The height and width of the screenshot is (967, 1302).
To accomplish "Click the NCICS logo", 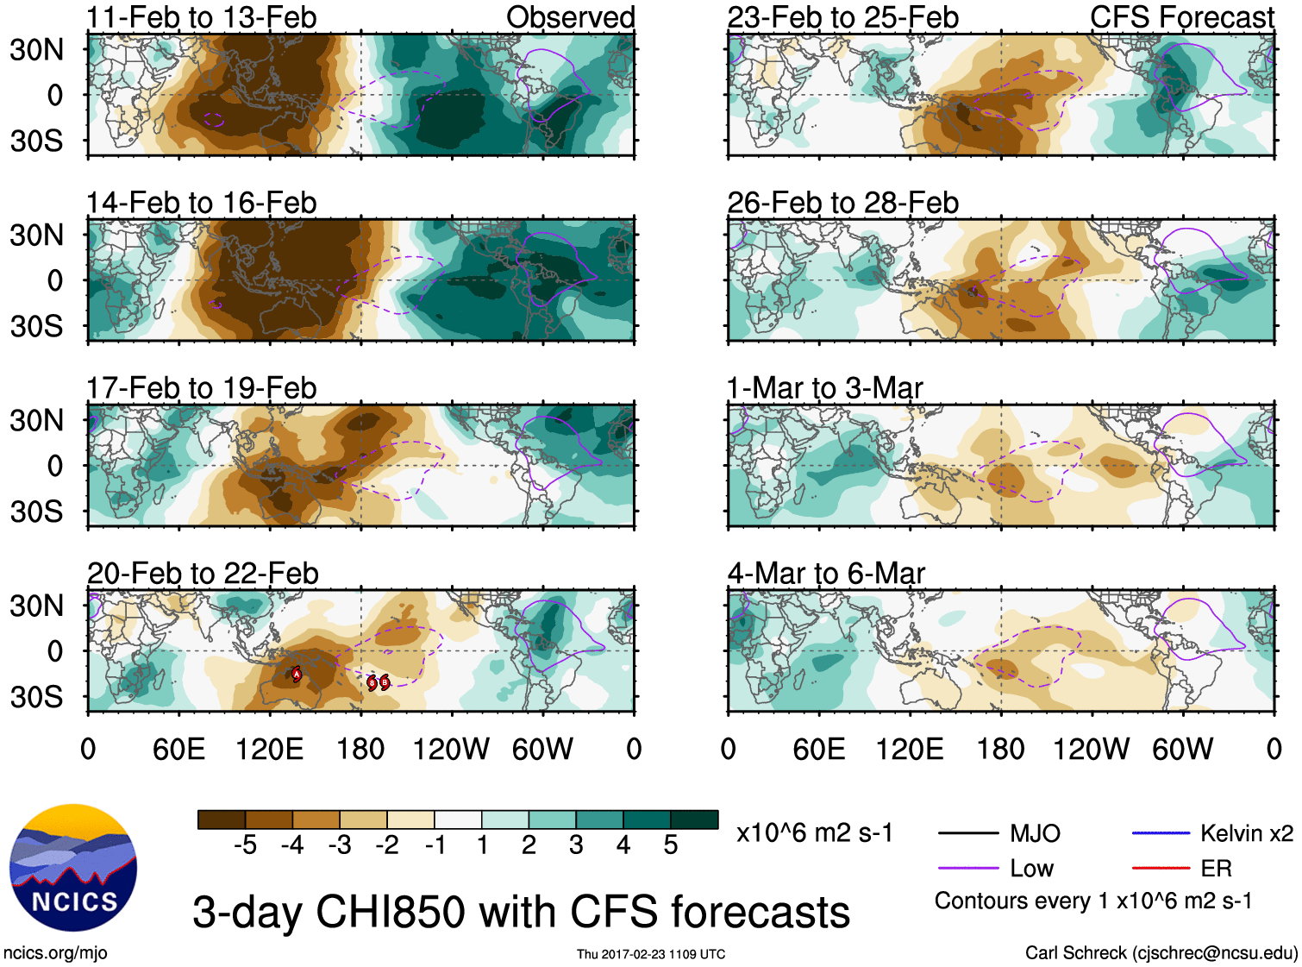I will click(x=73, y=867).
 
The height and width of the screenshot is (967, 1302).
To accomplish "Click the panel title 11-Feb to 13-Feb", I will click(x=201, y=17).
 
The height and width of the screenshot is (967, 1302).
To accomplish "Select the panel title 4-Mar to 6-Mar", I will click(x=826, y=574).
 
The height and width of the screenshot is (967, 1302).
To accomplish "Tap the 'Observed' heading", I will click(x=570, y=17).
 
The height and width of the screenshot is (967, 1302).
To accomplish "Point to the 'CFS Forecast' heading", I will click(x=1181, y=17).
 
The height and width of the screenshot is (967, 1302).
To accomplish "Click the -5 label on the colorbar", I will click(x=245, y=845).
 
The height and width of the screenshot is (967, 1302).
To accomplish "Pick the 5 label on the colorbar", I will click(x=670, y=845).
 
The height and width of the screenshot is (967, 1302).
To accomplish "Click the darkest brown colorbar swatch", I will click(x=222, y=819).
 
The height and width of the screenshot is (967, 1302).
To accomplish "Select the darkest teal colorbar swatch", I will click(x=694, y=819).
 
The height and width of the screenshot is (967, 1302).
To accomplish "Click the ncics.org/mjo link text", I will click(x=55, y=953).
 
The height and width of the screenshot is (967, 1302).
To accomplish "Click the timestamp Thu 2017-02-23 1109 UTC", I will click(x=651, y=954).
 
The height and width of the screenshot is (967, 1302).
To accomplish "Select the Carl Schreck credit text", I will click(x=1161, y=953).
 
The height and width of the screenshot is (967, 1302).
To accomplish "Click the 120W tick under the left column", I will click(x=451, y=749).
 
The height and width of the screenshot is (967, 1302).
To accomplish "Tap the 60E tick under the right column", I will click(x=818, y=749).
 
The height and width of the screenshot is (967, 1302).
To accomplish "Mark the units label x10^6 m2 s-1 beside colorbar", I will click(x=814, y=833).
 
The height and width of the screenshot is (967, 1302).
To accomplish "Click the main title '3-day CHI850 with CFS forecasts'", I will click(x=521, y=912).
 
